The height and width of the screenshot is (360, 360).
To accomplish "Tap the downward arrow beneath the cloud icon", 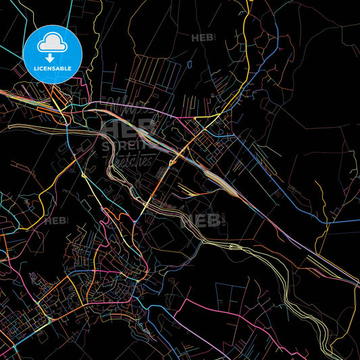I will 53,58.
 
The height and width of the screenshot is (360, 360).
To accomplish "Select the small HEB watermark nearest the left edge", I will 55,220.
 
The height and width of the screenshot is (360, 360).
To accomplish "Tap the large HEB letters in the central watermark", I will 128,128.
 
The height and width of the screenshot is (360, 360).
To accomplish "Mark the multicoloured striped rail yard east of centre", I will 220,179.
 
